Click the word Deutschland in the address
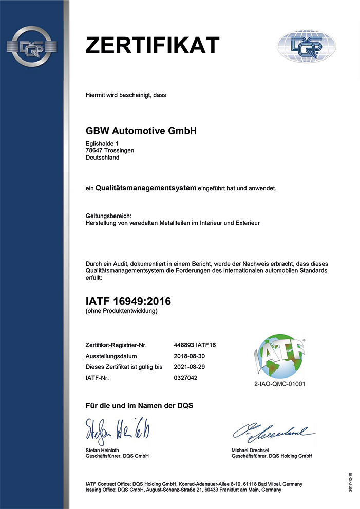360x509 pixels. [x=102, y=158]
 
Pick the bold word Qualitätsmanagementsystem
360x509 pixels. [x=146, y=188]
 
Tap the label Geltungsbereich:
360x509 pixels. [x=109, y=216]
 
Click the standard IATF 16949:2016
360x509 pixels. [x=128, y=301]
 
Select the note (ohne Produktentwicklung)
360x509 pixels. [x=121, y=311]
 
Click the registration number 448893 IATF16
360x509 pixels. [x=195, y=345]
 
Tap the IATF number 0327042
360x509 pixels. [x=186, y=378]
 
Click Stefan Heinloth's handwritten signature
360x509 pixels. [x=116, y=430]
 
